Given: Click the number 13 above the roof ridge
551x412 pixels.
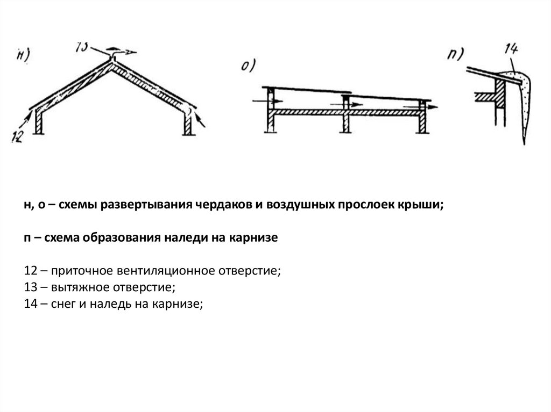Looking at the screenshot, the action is tap(83, 46).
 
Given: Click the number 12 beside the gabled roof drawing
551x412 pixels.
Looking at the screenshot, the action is tap(18, 136).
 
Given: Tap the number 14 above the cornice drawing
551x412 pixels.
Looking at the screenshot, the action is tap(511, 50).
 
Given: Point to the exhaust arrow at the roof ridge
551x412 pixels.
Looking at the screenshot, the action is tap(125, 53).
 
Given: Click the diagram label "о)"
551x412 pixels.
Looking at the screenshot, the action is tap(248, 66).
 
